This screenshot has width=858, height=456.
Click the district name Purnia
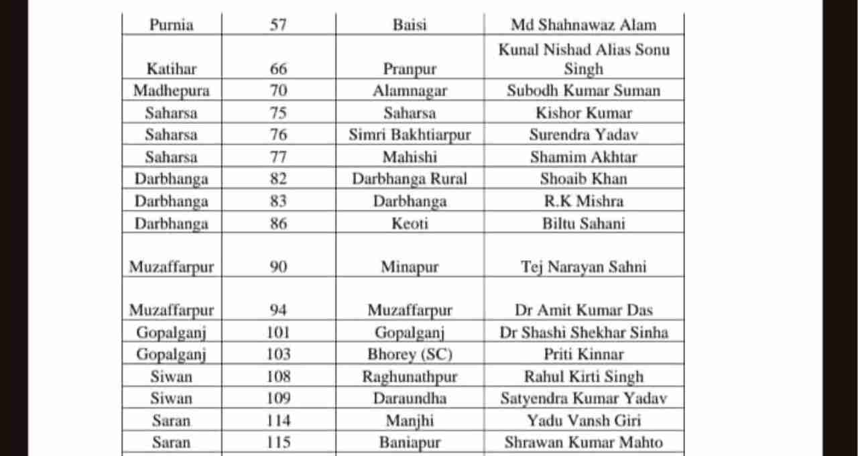[x=171, y=25]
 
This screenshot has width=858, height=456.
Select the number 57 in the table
[x=278, y=25]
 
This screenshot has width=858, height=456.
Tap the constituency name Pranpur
[x=410, y=69]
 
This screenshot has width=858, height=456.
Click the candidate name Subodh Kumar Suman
[x=583, y=91]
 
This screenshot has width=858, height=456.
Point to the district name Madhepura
[x=171, y=91]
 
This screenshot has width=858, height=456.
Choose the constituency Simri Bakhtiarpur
[x=410, y=135]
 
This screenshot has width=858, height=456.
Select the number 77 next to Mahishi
[x=278, y=157]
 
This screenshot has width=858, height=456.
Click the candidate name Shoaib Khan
[x=583, y=179]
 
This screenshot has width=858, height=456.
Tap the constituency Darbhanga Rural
[x=410, y=179]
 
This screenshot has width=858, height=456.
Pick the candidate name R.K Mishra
[x=583, y=201]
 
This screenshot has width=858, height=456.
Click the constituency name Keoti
[x=410, y=223]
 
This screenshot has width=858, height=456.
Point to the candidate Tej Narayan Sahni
[x=583, y=267]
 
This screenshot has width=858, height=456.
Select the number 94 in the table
[x=278, y=310]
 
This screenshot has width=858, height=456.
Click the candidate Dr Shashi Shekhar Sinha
[x=583, y=332]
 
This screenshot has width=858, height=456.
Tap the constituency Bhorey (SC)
[x=410, y=354]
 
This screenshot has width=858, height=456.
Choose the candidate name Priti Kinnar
[x=583, y=354]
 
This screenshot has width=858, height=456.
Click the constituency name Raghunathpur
[x=410, y=376]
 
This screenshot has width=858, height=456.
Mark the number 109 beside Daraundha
[x=278, y=398]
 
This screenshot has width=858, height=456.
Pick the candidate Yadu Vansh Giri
[x=583, y=420]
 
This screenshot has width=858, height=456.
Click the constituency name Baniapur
[x=410, y=443]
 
